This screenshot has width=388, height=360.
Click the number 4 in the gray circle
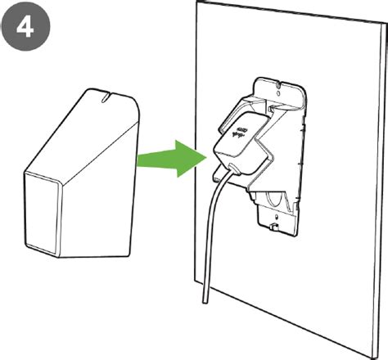(25, 27)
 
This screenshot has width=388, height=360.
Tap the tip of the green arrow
(206, 158)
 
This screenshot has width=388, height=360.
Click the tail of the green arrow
(138, 160)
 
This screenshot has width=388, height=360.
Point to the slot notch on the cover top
(105, 98)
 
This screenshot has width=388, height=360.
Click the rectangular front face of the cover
(43, 215)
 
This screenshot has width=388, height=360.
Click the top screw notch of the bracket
(277, 85)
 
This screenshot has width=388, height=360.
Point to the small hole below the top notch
(278, 93)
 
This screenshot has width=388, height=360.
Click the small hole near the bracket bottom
(277, 218)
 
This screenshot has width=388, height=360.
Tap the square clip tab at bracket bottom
(273, 227)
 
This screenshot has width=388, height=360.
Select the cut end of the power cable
(205, 301)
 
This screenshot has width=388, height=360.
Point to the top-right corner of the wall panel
(387, 24)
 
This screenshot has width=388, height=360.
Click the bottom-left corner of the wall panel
(195, 280)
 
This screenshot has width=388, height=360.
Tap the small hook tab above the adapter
(272, 109)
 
